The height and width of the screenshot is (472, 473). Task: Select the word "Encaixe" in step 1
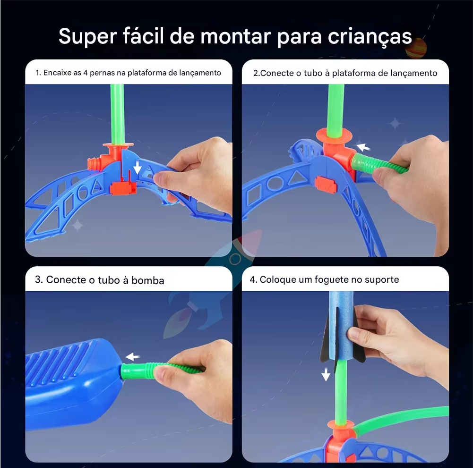click(x=58, y=73)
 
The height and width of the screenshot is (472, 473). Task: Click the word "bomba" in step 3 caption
click(x=148, y=280)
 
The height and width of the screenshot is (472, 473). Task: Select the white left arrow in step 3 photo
click(x=133, y=357)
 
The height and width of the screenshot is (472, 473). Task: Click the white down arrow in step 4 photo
click(x=326, y=374)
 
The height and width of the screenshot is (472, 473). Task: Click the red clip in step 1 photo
click(x=123, y=188)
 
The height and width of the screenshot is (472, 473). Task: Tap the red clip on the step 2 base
click(x=326, y=184)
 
